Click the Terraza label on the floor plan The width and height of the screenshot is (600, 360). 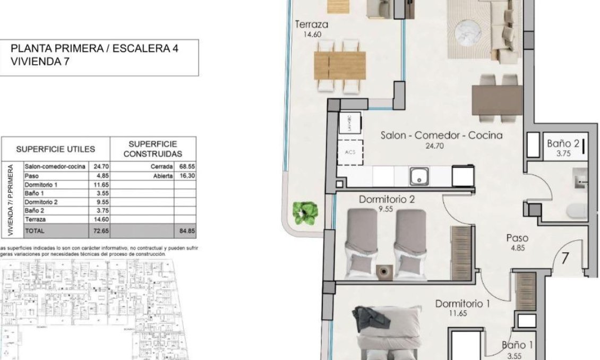pos(311,24)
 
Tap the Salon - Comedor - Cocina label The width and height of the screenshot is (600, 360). pos(441,135)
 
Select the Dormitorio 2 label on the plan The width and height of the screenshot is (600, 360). pos(387,200)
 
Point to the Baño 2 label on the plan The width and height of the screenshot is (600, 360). pos(563,143)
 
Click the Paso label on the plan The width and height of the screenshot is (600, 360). pos(517,238)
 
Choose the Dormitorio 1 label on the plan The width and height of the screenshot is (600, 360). pos(462,304)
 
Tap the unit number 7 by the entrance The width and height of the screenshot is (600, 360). pos(565,259)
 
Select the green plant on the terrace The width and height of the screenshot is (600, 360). pos(307,212)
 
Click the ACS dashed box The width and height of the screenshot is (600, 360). pos(350,152)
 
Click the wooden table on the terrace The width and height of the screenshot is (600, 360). pos(340,65)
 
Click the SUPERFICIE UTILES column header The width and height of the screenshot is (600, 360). pos(56,149)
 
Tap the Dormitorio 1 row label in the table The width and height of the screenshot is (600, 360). pos(41,185)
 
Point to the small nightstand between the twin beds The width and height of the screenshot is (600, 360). pos(382,271)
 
